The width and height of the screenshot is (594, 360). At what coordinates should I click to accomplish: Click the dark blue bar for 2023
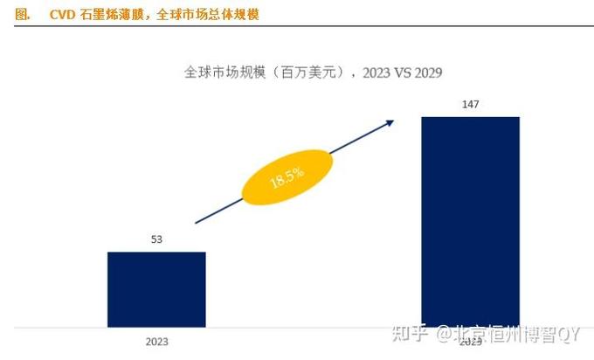[156, 289]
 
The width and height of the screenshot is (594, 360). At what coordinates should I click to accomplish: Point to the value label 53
[156, 239]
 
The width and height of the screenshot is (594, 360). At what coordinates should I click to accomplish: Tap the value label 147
[470, 105]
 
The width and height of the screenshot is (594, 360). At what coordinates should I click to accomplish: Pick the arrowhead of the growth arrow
[390, 123]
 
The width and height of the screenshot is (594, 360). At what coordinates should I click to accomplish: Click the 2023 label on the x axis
[156, 341]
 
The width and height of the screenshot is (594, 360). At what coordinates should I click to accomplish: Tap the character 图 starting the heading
[23, 15]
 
